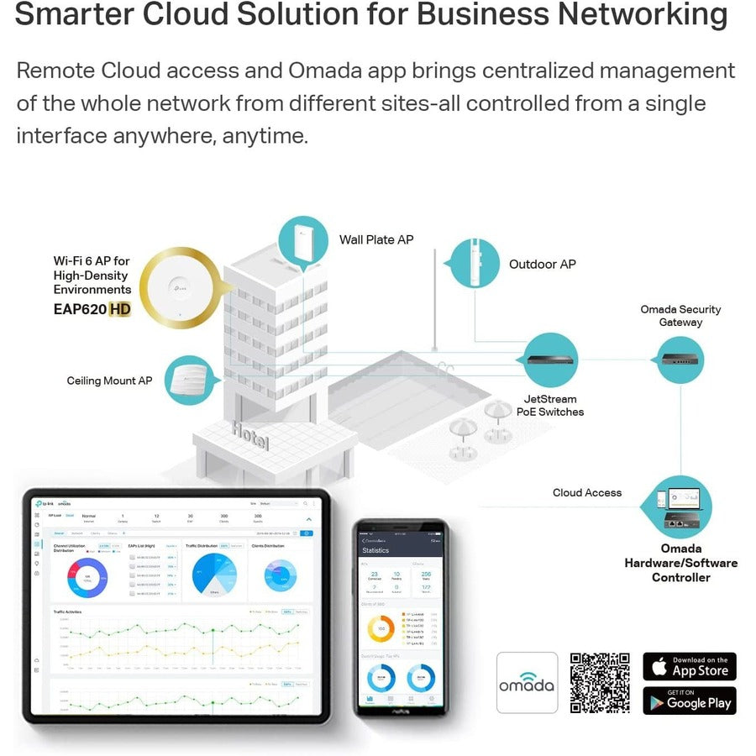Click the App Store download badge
[x=690, y=666]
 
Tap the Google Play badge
[x=690, y=701]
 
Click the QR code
[x=600, y=683]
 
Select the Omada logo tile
[x=527, y=683]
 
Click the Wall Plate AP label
[x=376, y=239]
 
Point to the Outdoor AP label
[x=543, y=264]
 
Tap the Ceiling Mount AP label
[x=109, y=381]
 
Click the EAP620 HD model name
[x=92, y=308]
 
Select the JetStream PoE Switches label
[x=550, y=406]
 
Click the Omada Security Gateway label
[x=680, y=316]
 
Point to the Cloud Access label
[x=587, y=492]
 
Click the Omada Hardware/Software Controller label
[x=680, y=563]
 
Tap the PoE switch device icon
[x=550, y=360]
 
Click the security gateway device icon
[x=680, y=359]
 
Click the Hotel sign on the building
[x=250, y=435]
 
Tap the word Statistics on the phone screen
[x=375, y=550]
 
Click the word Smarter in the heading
[x=75, y=15]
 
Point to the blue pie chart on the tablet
[x=214, y=575]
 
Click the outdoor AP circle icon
[x=475, y=264]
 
